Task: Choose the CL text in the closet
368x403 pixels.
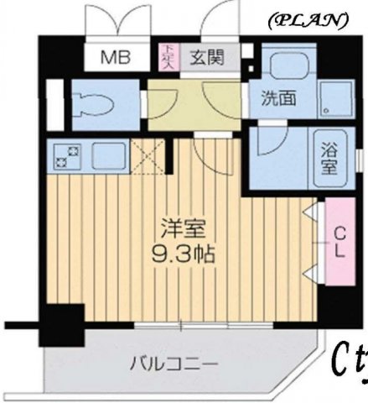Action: pos(339,242)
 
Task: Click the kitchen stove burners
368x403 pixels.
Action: pos(65,155)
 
